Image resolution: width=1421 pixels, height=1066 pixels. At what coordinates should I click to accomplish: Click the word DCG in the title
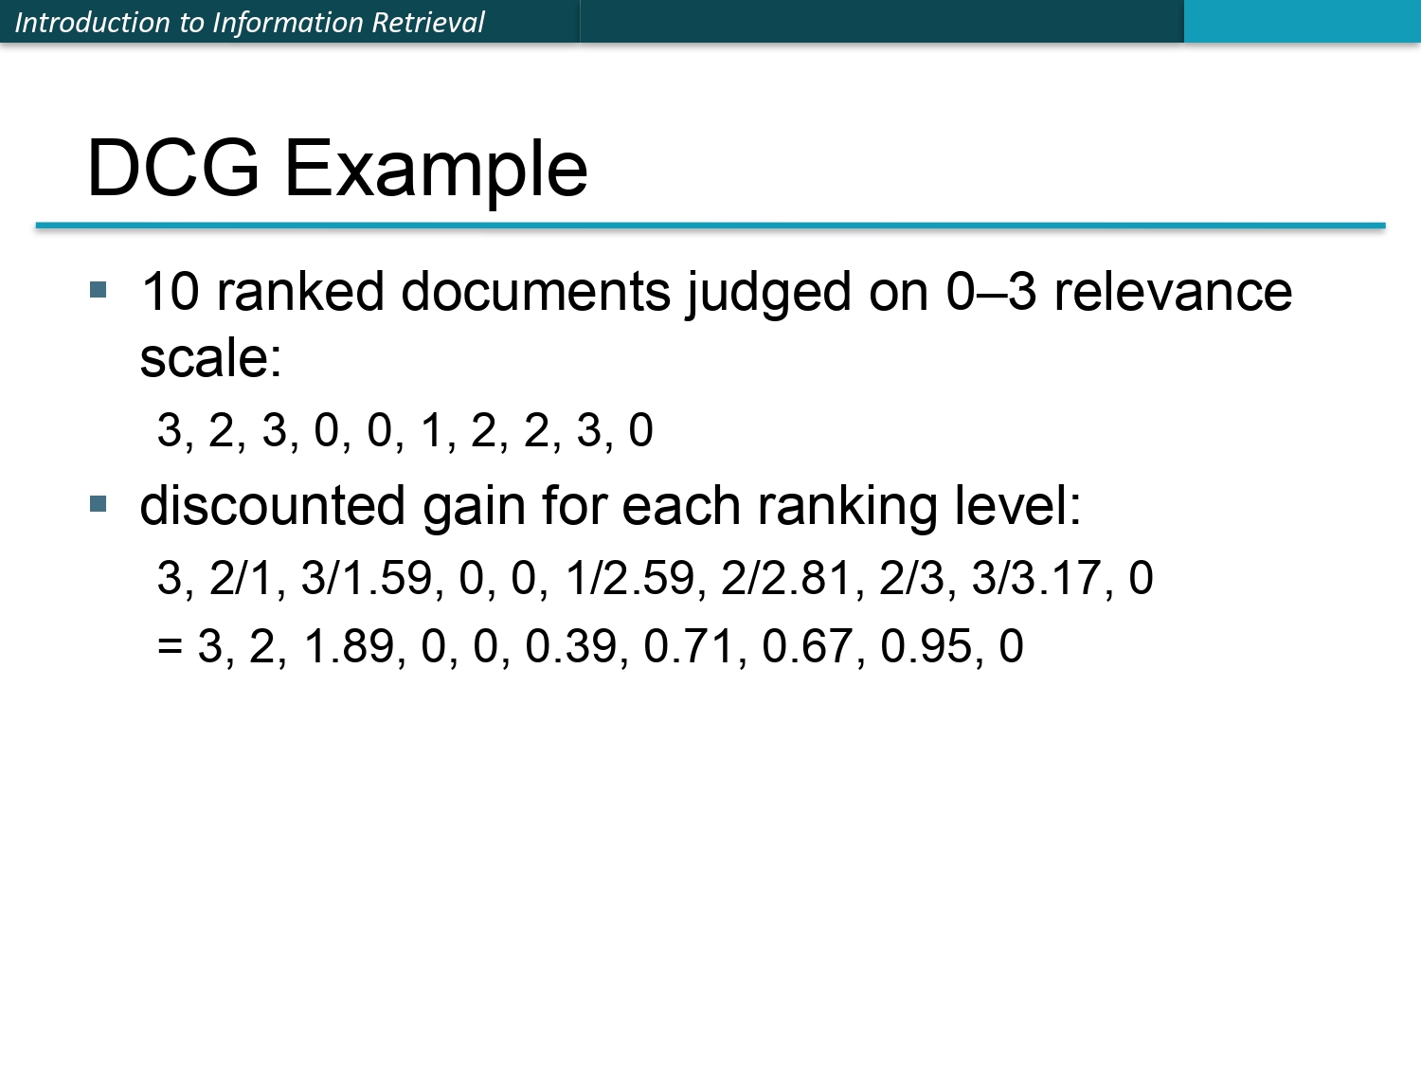(173, 168)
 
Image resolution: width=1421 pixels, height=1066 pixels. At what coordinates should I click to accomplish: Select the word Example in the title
(436, 172)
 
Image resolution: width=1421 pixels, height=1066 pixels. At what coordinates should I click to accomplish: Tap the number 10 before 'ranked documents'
(171, 292)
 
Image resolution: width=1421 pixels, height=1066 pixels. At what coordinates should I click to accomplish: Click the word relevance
(1173, 292)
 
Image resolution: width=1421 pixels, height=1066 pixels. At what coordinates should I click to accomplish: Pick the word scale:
(211, 358)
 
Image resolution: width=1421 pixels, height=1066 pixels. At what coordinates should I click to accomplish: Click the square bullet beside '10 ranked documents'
(99, 289)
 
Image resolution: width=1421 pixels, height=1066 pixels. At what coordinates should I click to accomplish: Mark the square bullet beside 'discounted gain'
(99, 503)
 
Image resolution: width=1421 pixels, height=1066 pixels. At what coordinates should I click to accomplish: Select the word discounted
(273, 505)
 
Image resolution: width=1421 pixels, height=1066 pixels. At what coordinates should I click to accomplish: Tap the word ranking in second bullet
(848, 508)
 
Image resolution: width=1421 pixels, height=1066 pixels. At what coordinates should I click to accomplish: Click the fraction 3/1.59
(367, 577)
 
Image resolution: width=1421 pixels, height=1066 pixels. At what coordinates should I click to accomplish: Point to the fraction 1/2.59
(630, 577)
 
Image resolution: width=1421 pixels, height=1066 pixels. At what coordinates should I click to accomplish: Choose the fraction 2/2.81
(785, 577)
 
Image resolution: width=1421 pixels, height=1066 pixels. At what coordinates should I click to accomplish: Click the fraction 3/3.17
(1036, 577)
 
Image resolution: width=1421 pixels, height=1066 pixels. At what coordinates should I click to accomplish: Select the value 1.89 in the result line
(349, 645)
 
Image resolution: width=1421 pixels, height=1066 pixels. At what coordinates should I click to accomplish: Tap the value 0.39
(570, 645)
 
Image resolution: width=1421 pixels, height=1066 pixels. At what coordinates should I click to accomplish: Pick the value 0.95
(926, 645)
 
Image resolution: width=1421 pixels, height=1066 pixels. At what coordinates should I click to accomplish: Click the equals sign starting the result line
(170, 645)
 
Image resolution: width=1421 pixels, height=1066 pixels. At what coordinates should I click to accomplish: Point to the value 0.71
(689, 645)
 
